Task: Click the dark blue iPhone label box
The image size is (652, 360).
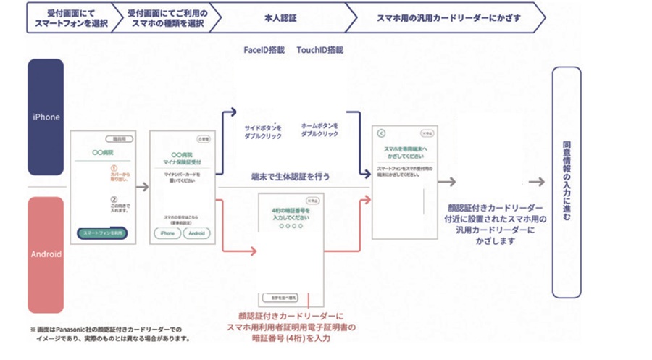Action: pos(46,117)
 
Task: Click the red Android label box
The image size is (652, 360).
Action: pos(46,254)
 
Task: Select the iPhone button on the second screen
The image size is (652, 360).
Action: pos(166,233)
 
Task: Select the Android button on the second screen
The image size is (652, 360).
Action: pos(196,233)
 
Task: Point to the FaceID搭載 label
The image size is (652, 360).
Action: pos(264,51)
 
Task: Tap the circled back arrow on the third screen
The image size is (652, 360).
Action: pos(382,133)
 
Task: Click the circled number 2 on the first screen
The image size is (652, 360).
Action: pos(113,200)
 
